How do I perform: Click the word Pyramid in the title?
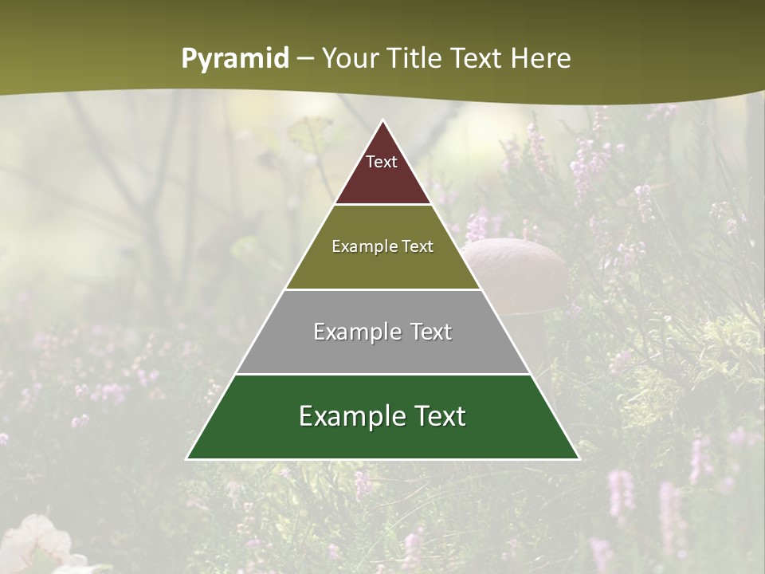(x=235, y=59)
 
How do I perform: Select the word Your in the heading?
(x=349, y=58)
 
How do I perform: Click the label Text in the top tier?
(x=382, y=162)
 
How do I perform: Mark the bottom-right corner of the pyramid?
(x=579, y=458)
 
